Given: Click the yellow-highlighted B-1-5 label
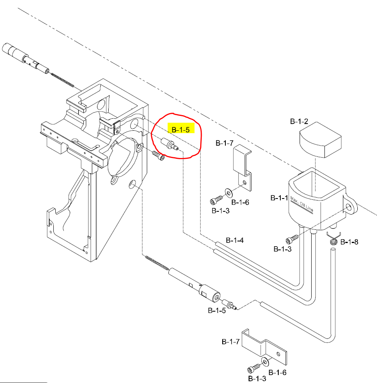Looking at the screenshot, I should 180,129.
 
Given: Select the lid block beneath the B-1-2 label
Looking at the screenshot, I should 319,140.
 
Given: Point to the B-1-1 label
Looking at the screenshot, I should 279,198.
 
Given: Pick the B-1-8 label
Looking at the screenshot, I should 349,242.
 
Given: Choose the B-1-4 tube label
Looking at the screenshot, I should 235,240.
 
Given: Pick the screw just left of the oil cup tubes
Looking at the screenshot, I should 292,240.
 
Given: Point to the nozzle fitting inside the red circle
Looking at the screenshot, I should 169,144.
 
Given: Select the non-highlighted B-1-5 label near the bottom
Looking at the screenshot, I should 216,310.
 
